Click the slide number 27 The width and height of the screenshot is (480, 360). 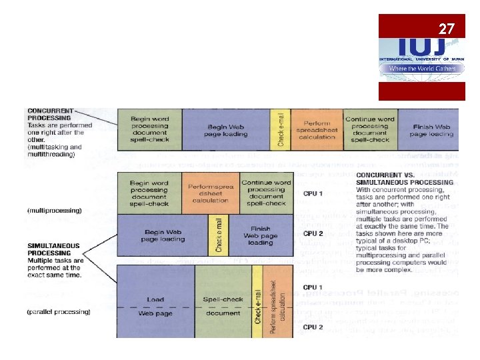(x=446, y=29)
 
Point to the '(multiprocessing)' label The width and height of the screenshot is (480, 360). (x=55, y=210)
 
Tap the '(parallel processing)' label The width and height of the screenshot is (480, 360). (x=59, y=311)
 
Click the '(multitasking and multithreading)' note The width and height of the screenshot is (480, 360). (x=55, y=150)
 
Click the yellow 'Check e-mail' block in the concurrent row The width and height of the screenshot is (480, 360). (x=281, y=129)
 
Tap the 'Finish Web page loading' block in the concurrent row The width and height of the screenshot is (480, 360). (x=432, y=129)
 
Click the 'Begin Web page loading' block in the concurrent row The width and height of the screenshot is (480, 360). (x=226, y=129)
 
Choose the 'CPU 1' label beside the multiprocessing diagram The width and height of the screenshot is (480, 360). (x=313, y=193)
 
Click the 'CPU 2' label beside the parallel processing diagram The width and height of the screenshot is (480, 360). (x=313, y=327)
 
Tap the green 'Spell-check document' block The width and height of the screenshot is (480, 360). (x=223, y=306)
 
